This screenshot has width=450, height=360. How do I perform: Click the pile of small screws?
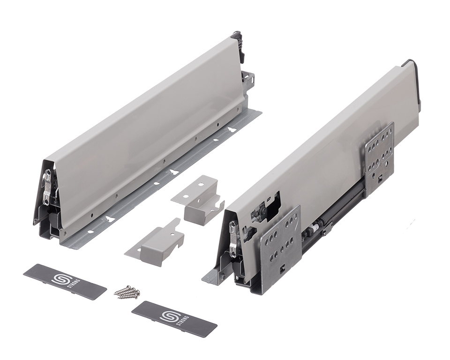(126, 292)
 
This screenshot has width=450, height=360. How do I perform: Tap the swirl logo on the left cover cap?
(61, 278)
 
